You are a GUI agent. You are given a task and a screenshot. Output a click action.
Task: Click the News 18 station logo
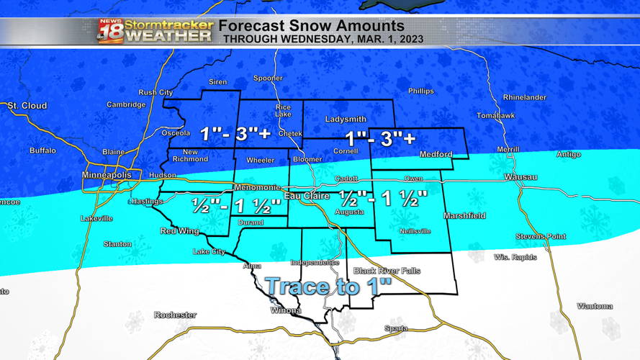[110, 31]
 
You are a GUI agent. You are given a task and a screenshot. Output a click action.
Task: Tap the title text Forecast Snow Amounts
[311, 26]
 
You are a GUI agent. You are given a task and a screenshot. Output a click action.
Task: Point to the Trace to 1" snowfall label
[328, 286]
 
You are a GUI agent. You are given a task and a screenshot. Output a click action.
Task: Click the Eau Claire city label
[307, 196]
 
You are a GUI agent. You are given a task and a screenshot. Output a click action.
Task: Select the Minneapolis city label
[107, 175]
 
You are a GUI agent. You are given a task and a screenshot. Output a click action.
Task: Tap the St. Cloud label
[27, 106]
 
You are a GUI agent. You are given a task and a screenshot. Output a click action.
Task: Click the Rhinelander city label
[524, 97]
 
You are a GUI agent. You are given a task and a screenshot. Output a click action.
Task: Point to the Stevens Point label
[540, 236]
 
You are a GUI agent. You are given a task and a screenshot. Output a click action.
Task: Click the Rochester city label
[175, 315]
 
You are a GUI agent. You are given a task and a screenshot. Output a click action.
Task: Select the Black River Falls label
[387, 271]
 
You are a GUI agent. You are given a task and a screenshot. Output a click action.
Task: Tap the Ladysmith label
[346, 119]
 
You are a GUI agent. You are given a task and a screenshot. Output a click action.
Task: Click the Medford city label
[436, 154]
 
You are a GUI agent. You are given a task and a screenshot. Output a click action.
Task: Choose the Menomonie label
[257, 187]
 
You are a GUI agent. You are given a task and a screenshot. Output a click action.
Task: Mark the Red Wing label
[179, 231]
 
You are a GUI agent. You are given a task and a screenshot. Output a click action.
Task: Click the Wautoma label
[595, 306]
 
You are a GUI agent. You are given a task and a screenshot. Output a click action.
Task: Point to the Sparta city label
[395, 328]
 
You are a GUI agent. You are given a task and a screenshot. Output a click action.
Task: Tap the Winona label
[286, 310]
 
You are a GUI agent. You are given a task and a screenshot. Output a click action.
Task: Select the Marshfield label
[464, 215]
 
